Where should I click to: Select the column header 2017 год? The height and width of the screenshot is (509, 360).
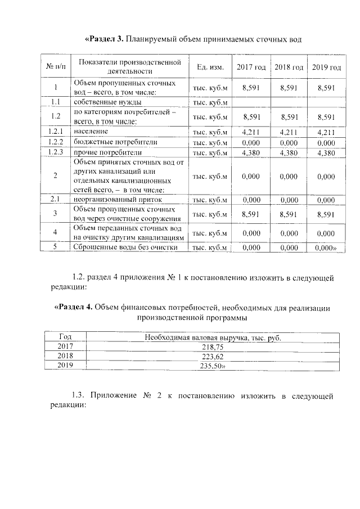pyautogui.click(x=251, y=67)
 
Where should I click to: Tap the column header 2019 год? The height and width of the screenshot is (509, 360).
pyautogui.click(x=326, y=67)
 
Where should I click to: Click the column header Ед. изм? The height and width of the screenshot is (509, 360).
pyautogui.click(x=210, y=67)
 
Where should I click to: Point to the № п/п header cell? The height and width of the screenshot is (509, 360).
pyautogui.click(x=55, y=67)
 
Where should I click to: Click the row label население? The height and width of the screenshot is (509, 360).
pyautogui.click(x=90, y=133)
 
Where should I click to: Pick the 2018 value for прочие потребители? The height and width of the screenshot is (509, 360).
pyautogui.click(x=289, y=153)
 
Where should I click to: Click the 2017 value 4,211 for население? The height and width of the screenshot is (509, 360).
pyautogui.click(x=251, y=133)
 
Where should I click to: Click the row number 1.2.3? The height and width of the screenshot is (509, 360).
pyautogui.click(x=55, y=153)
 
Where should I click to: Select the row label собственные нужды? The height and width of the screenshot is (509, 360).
pyautogui.click(x=103, y=102)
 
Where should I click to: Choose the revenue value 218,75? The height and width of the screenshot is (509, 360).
pyautogui.click(x=212, y=348)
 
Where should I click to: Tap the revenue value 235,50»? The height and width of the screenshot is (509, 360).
pyautogui.click(x=213, y=366)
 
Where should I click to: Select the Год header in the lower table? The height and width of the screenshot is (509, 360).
pyautogui.click(x=66, y=337)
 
